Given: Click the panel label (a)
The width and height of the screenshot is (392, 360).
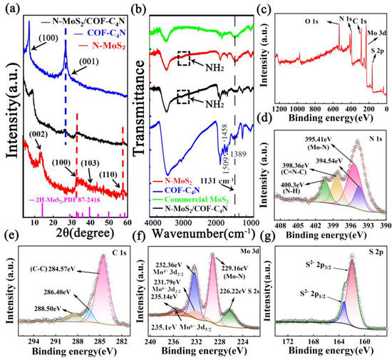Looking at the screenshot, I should [11, 9].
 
